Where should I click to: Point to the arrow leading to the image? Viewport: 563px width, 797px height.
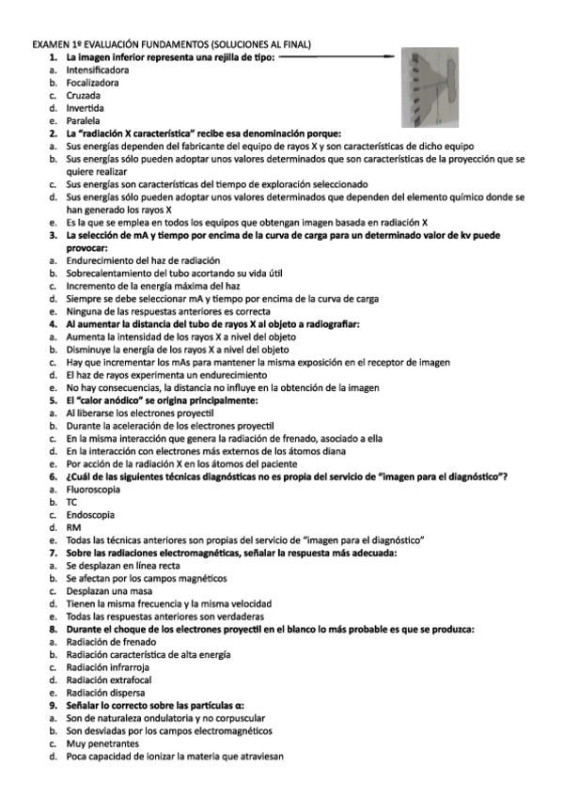point(336,57)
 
